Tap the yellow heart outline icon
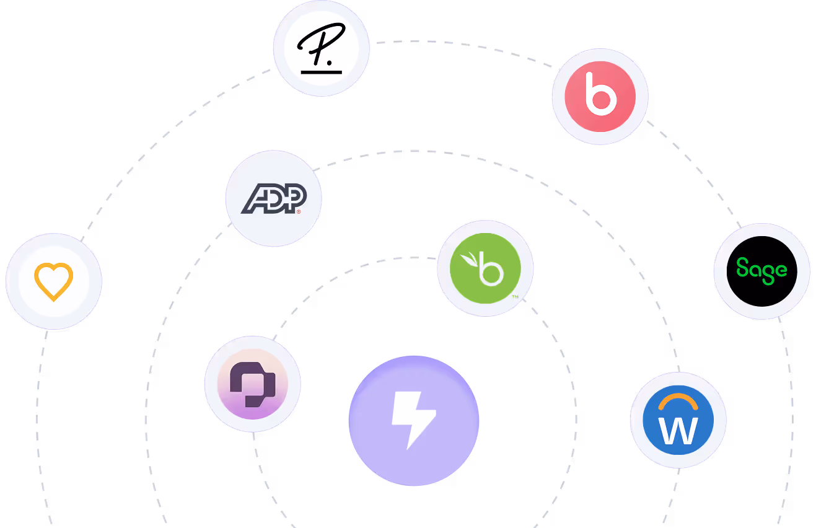tap(54, 281)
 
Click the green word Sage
tap(761, 271)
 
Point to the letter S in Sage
tap(742, 269)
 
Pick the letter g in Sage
tap(768, 273)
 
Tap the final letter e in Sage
tap(781, 270)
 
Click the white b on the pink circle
tap(600, 96)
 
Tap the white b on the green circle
tap(493, 270)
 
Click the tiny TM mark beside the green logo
tap(515, 297)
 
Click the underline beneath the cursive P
tap(321, 72)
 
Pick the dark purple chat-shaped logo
tap(252, 385)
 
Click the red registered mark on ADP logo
tap(299, 212)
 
